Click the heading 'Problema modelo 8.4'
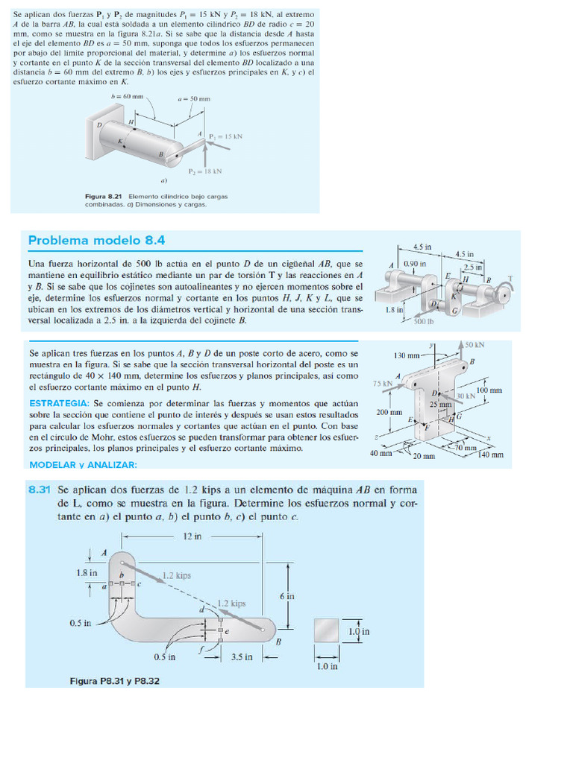click(96, 240)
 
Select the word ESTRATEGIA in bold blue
click(59, 403)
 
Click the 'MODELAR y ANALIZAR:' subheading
click(83, 465)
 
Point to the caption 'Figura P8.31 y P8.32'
click(114, 680)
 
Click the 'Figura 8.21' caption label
click(105, 197)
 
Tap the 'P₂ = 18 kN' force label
click(205, 171)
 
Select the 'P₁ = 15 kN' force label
click(226, 136)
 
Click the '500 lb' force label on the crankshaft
click(424, 321)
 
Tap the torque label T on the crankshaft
click(510, 279)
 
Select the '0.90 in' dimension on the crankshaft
click(415, 264)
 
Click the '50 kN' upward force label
click(475, 345)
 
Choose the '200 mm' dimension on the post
click(389, 412)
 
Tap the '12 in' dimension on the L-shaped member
click(192, 536)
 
